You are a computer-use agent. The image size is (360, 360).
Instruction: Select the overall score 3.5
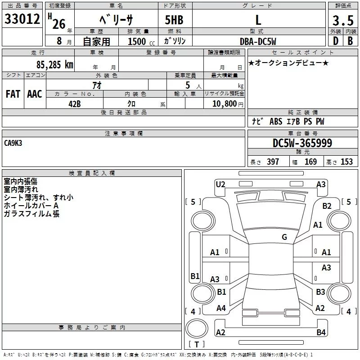point(342,21)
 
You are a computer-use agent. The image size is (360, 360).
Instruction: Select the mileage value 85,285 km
point(54,65)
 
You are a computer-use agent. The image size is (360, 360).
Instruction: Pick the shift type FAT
point(13,94)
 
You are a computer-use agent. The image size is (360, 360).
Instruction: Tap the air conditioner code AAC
point(35,94)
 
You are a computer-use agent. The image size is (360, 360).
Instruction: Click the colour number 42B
point(74,103)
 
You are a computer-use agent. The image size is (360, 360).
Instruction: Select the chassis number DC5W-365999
point(302,143)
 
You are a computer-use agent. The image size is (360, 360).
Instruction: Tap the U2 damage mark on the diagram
point(220,184)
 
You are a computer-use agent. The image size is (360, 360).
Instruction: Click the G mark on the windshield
point(284,237)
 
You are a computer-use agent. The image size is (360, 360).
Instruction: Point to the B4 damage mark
point(321,333)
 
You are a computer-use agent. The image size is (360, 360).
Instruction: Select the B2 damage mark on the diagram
point(327,206)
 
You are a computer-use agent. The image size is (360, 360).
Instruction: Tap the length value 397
point(273,162)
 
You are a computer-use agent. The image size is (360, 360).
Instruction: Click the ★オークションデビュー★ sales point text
point(288,63)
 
